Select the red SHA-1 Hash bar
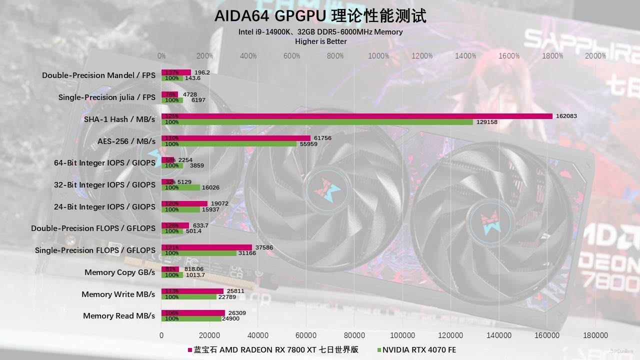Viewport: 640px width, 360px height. pos(356,116)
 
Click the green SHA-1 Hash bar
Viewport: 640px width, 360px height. pos(317,122)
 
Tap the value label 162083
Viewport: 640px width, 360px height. pos(566,116)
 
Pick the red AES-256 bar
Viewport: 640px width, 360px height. pos(236,138)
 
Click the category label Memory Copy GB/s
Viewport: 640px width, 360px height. pos(119,272)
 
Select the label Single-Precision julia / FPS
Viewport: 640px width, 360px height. pos(106,97)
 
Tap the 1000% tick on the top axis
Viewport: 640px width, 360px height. pos(378,56)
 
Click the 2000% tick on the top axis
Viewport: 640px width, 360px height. pos(595,56)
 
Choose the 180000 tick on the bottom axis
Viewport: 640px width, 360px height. pos(595,335)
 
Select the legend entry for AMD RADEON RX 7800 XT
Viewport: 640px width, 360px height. pos(276,349)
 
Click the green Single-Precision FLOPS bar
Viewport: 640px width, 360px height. pos(199,253)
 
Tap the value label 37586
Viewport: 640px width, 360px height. pos(263,247)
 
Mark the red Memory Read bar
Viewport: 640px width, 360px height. pos(193,313)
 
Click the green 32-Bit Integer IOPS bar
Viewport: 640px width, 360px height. pos(180,187)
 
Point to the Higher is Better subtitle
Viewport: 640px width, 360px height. pos(320,41)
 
